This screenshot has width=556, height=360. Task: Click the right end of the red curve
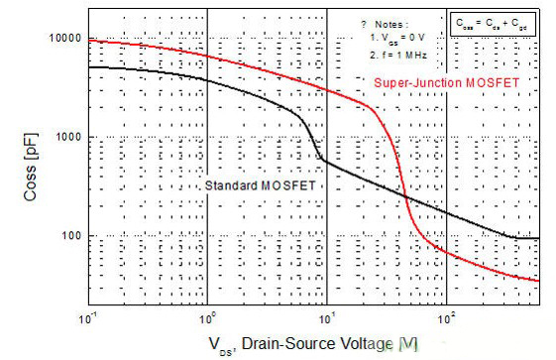[x=538, y=281]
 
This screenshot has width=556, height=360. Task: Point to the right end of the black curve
[x=538, y=238]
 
